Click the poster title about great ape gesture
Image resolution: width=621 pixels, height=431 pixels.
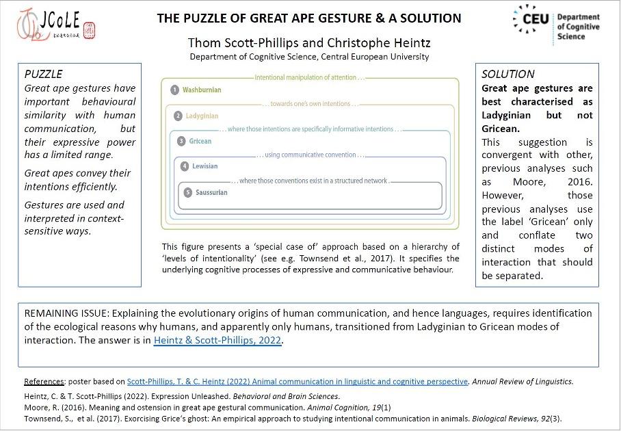pyautogui.click(x=308, y=18)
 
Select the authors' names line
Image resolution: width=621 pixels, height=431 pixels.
pyautogui.click(x=309, y=44)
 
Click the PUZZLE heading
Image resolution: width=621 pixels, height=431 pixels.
pyautogui.click(x=43, y=74)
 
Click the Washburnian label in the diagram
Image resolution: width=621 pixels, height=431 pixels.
pyautogui.click(x=202, y=90)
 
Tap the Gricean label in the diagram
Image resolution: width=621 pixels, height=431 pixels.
pyautogui.click(x=200, y=141)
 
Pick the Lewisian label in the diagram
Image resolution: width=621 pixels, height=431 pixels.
pyautogui.click(x=205, y=166)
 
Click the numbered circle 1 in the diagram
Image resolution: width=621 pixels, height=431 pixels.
pyautogui.click(x=175, y=90)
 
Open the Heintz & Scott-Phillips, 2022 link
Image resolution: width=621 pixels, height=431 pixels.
pyautogui.click(x=217, y=340)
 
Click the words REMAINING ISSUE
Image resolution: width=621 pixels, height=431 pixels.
pyautogui.click(x=64, y=313)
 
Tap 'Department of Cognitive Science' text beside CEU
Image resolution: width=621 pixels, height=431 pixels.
pyautogui.click(x=579, y=26)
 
